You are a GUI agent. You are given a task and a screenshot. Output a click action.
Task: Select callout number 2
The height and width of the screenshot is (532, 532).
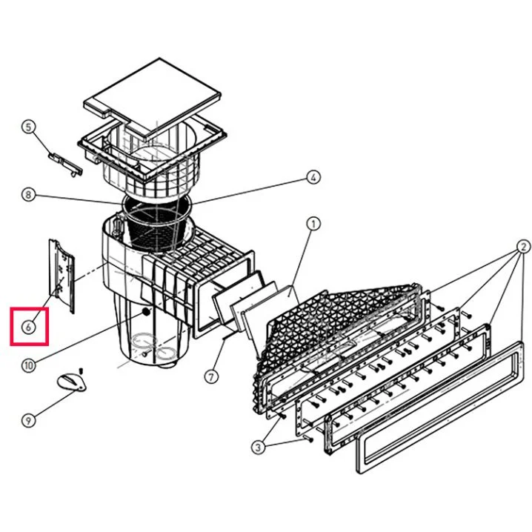click(523, 246)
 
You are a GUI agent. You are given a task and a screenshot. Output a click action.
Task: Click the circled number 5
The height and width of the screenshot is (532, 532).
click(28, 127)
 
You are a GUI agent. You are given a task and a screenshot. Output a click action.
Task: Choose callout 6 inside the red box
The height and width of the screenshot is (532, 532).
click(28, 326)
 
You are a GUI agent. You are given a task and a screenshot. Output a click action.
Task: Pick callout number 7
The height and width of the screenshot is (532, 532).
click(212, 376)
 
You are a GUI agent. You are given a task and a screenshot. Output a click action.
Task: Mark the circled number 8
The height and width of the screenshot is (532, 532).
click(28, 196)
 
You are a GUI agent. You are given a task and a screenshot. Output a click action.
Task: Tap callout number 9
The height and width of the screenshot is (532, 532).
click(28, 420)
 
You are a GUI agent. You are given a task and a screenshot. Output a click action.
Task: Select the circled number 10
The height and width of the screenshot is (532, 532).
click(28, 365)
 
